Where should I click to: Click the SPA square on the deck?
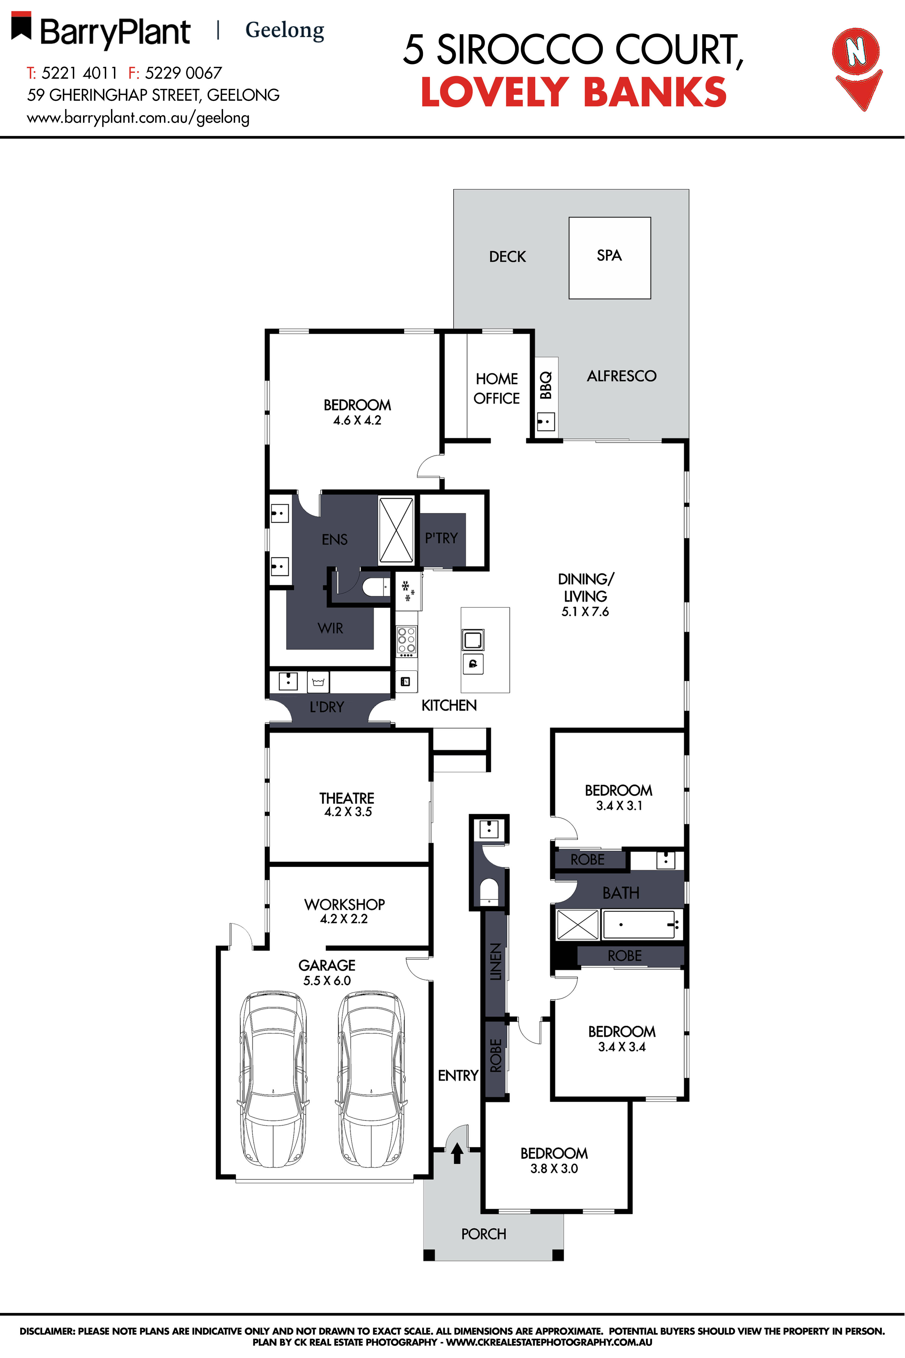[609, 258]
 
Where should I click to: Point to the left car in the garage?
[273, 1079]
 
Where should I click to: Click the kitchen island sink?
[473, 640]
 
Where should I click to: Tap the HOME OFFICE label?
[496, 388]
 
